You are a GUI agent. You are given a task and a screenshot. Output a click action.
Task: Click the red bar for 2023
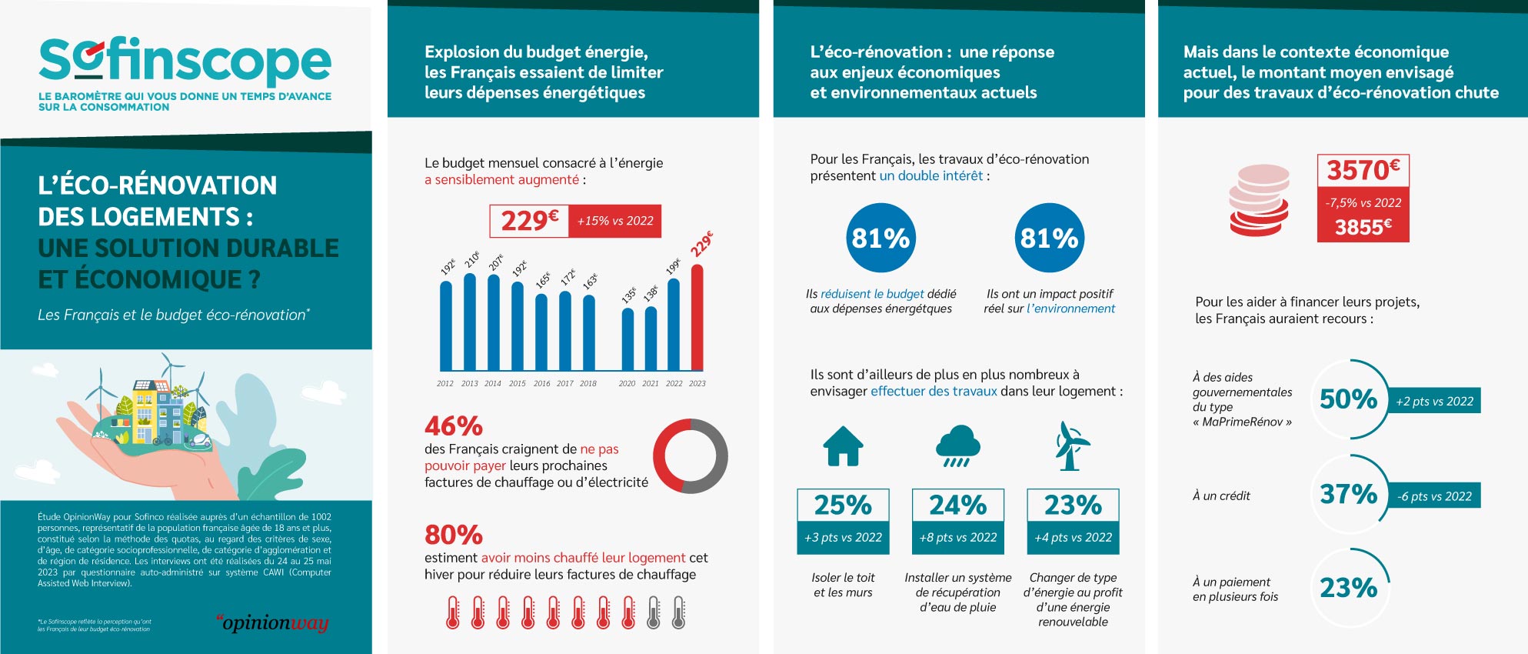point(697,318)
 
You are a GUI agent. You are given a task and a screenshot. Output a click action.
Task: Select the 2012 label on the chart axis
point(445,383)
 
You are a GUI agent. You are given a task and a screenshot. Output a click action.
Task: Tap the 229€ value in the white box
point(529,221)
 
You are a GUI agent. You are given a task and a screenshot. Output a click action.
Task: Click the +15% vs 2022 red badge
point(615,221)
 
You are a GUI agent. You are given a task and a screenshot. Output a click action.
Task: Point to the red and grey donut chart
point(690,456)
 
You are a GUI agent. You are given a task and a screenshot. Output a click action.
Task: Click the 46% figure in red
point(454,425)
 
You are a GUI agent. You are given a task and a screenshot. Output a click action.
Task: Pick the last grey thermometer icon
point(678,613)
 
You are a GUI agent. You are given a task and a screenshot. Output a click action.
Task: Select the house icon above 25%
point(843,446)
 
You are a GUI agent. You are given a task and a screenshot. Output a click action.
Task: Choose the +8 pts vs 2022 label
point(958,537)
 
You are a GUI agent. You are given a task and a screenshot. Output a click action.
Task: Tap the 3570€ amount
point(1363,170)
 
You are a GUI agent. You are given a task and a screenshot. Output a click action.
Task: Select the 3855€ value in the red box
point(1363,227)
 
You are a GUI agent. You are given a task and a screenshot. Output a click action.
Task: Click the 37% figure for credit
point(1348,494)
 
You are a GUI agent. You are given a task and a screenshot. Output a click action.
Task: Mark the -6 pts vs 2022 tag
point(1434,496)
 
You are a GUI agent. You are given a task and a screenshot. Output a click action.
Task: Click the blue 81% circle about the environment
point(1049,238)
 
